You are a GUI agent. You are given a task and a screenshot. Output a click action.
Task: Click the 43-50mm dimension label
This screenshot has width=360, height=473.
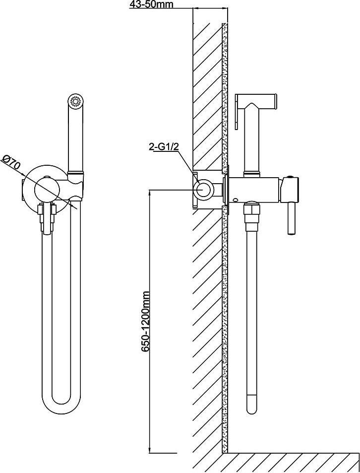(x=151, y=4)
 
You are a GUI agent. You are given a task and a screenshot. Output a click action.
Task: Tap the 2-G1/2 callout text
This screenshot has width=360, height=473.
(x=165, y=147)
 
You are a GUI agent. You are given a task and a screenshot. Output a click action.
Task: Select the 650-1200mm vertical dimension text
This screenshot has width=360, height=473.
(x=146, y=321)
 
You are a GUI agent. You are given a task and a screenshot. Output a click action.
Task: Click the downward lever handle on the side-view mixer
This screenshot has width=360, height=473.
(x=291, y=218)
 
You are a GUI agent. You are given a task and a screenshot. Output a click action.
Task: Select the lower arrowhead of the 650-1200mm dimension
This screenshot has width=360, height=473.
(x=150, y=450)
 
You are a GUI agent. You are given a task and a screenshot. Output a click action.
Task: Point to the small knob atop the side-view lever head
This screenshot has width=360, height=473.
(x=291, y=177)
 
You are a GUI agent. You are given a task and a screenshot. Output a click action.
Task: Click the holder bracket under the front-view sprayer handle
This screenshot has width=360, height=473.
(x=76, y=188)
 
